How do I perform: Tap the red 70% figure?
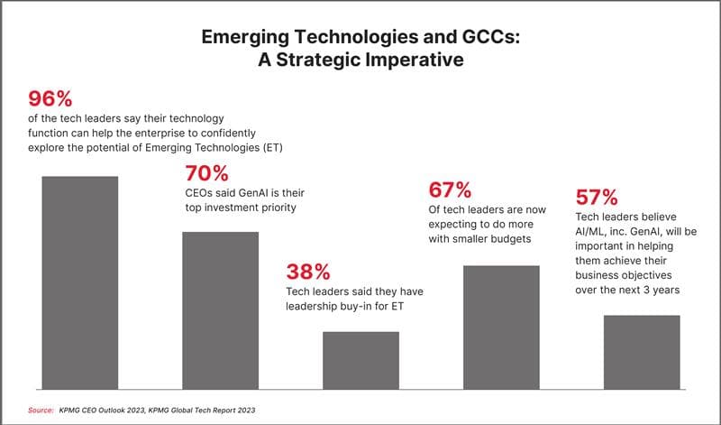click(x=208, y=173)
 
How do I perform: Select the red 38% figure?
click(x=309, y=272)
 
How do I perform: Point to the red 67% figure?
click(x=450, y=190)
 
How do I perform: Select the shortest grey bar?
click(x=360, y=359)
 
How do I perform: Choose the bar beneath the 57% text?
click(x=642, y=351)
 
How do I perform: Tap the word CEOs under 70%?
click(x=201, y=192)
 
